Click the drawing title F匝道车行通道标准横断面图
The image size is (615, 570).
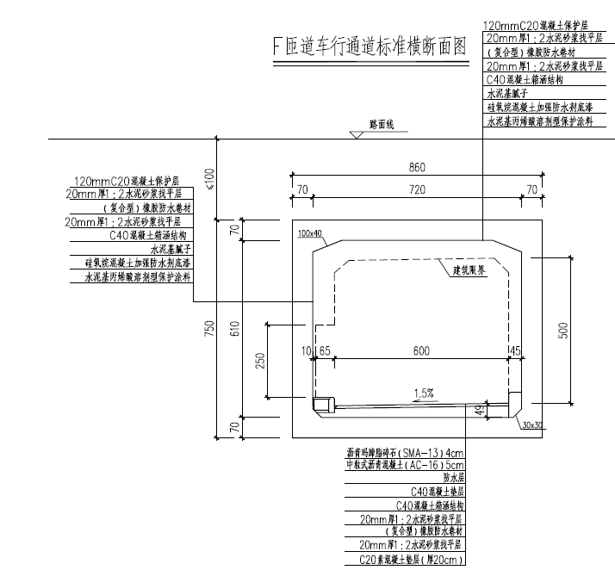pos(370,46)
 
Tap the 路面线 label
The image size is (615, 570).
pos(380,126)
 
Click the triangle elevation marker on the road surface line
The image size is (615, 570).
pos(356,134)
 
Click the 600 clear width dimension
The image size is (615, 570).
pos(419,350)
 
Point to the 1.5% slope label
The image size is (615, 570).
pos(423,393)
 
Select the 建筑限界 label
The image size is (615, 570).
pos(470,270)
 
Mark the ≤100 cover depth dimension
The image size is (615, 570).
pos(208,177)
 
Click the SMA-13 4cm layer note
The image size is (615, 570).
pos(405,453)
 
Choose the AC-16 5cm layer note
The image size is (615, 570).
pos(405,464)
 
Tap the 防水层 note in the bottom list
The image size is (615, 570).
pos(453,475)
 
